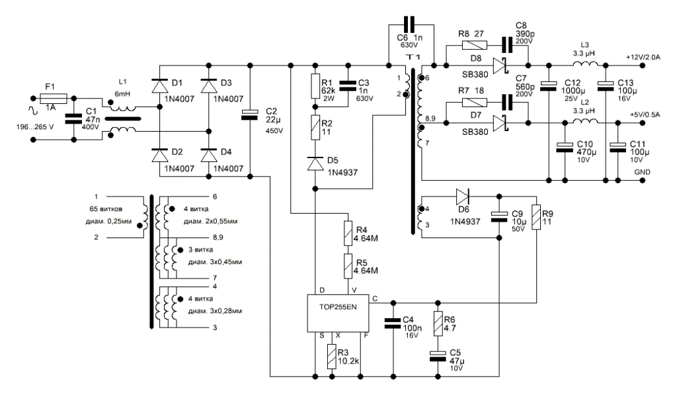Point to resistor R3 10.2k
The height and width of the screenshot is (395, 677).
click(333, 358)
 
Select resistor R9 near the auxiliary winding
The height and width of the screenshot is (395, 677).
click(536, 218)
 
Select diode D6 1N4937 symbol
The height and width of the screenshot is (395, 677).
click(461, 197)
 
